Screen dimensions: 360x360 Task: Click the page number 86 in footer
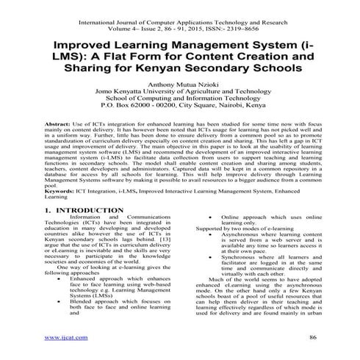click(312, 337)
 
